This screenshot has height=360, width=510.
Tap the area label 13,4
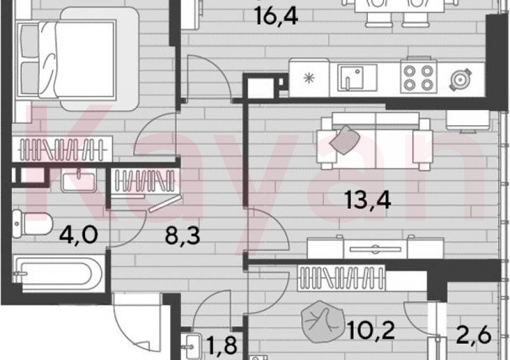369,201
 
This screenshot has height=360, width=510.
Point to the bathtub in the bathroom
59,274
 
